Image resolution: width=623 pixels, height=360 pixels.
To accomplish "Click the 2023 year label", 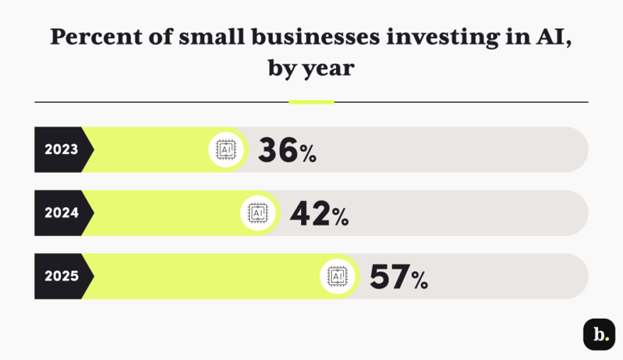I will [61, 149].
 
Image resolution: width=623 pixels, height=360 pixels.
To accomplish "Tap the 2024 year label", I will [61, 212].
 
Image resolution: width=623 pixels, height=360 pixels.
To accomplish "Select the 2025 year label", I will [61, 276].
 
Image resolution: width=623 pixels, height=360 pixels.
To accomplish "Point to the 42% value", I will [319, 213].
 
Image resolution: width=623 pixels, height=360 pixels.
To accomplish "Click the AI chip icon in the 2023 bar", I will [226, 149].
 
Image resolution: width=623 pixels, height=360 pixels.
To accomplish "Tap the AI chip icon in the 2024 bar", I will [258, 212].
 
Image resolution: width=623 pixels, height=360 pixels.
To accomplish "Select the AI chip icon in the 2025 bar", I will [337, 276].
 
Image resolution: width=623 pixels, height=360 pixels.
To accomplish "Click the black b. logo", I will [599, 334].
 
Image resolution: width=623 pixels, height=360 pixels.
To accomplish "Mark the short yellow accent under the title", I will [311, 102].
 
